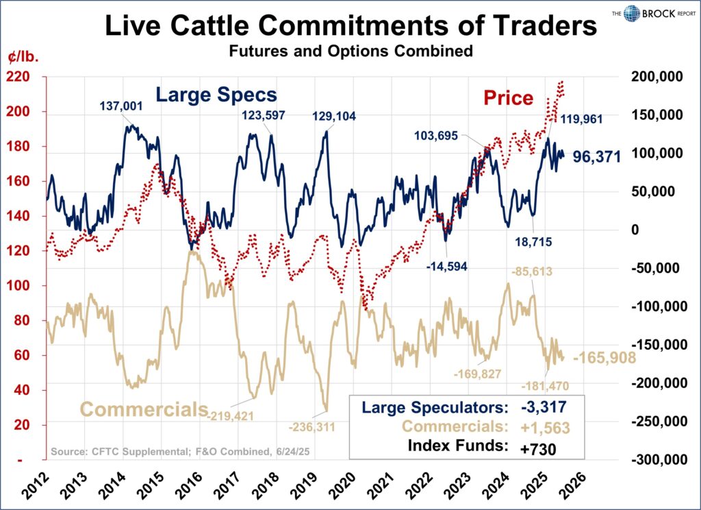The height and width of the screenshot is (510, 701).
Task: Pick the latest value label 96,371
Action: click(596, 157)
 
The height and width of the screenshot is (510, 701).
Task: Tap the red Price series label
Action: click(508, 98)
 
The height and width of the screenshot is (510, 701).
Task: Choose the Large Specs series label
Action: click(216, 95)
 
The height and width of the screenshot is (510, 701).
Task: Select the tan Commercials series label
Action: click(144, 409)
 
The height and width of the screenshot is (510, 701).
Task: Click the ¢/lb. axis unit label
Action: click(24, 56)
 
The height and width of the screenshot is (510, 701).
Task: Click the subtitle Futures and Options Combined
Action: click(350, 51)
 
